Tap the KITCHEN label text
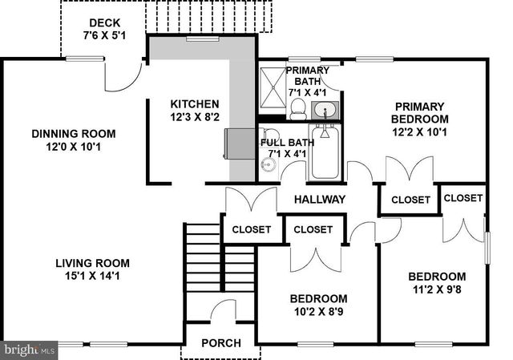point(195,103)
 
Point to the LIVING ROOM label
point(93,263)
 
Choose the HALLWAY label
point(319,199)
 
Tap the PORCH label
point(220,343)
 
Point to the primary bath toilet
point(297,107)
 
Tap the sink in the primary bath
point(325,108)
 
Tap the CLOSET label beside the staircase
point(251,229)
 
